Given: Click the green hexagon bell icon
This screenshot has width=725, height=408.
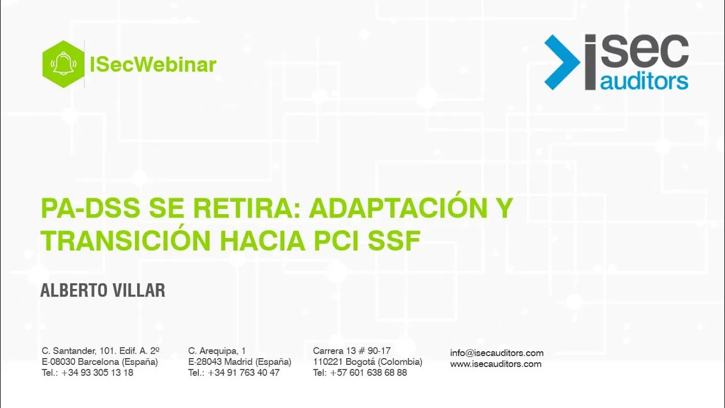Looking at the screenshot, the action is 63,64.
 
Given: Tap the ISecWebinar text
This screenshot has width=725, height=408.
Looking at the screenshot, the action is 153,65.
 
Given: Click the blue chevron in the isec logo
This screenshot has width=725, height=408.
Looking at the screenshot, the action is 562,62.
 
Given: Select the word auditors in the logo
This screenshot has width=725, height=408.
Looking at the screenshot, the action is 644,81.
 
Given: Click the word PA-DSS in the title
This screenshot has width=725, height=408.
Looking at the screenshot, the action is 91,208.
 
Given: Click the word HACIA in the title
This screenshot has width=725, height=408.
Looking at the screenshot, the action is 262,241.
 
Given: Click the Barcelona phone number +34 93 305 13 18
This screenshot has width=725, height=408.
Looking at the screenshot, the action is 97,373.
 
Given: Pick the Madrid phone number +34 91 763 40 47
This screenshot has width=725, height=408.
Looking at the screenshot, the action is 244,373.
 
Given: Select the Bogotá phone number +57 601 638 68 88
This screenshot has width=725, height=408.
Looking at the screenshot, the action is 368,373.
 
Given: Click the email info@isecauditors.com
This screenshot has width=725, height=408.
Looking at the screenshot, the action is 497,353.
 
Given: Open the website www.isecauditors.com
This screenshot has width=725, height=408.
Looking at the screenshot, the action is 496,364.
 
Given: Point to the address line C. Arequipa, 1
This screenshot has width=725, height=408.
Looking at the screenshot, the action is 217,351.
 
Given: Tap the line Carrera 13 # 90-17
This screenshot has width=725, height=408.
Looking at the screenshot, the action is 352,351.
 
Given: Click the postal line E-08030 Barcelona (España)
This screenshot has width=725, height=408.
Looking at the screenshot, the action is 100,362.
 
